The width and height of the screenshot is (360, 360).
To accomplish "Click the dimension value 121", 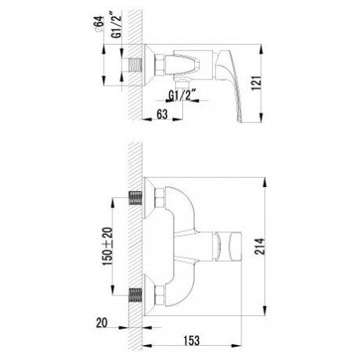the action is [257, 83].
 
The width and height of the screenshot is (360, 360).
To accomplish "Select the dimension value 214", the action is [260, 246].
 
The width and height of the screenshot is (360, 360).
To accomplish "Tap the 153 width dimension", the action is [191, 340].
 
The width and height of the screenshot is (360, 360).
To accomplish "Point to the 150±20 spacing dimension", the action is [108, 246].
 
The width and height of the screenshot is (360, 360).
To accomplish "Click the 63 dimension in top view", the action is [162, 114].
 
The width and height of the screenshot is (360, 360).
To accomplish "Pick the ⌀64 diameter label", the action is [99, 24].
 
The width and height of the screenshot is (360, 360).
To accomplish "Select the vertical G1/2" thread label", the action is [117, 27].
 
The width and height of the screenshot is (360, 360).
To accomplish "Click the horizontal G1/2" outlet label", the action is [182, 95].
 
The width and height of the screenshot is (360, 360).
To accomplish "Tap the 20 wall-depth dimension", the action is [101, 322].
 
